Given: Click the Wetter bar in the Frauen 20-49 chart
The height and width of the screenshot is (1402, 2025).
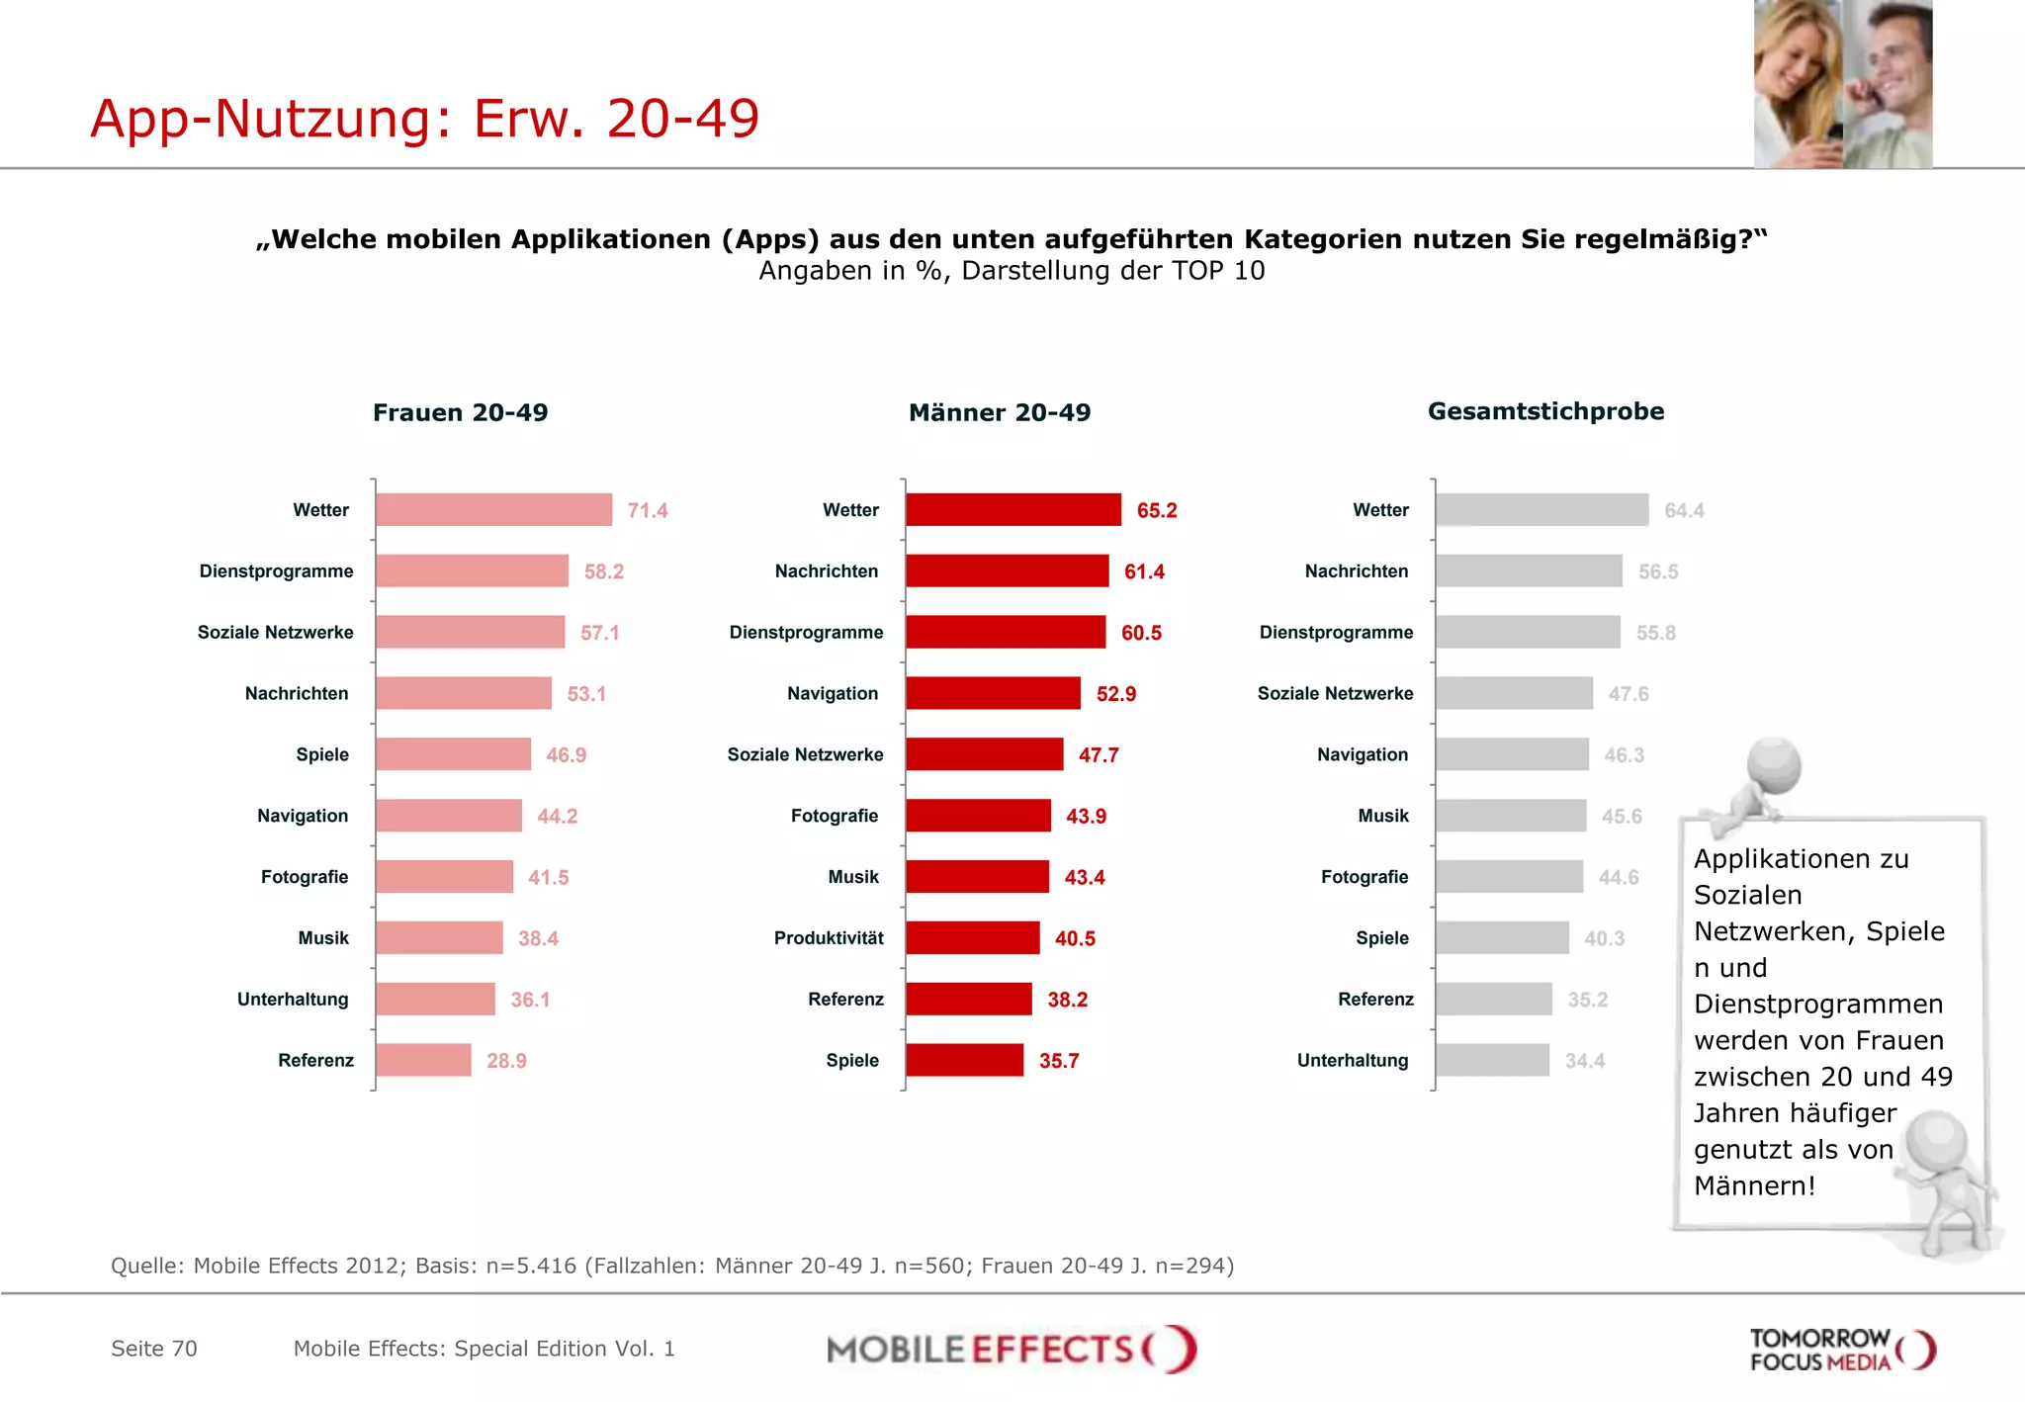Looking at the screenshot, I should point(493,510).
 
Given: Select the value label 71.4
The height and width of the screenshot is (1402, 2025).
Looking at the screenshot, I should point(648,511).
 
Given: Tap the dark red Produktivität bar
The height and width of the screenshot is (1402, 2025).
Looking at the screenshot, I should point(972,938).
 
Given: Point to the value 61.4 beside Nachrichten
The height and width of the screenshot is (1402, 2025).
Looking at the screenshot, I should point(1144,572).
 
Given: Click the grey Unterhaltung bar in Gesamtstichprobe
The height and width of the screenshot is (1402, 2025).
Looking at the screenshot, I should point(1492,1061).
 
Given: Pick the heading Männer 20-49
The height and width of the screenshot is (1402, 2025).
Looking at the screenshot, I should point(999,413).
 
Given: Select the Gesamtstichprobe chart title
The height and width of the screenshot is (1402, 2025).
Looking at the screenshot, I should point(1545,412).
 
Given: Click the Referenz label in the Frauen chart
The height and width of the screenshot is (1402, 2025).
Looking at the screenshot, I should point(315,1061).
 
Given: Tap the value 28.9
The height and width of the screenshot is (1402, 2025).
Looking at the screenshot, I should point(506,1062).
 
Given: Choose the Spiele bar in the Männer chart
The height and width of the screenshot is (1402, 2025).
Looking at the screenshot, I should point(964,1061).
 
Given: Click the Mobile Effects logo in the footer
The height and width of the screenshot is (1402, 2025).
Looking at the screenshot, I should point(1011,1350).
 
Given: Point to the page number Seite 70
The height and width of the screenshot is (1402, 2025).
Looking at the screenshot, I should point(154,1350).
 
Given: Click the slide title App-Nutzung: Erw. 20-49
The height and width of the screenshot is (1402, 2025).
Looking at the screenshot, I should point(424,119).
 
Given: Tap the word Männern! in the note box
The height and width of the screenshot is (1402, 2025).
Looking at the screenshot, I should point(1754,1186).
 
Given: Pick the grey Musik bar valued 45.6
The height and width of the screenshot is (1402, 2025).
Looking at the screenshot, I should point(1510,817).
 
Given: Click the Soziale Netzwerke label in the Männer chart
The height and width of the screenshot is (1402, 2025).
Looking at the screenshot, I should point(805,755).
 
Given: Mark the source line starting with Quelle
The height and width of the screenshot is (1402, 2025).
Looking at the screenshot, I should point(671,1267).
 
